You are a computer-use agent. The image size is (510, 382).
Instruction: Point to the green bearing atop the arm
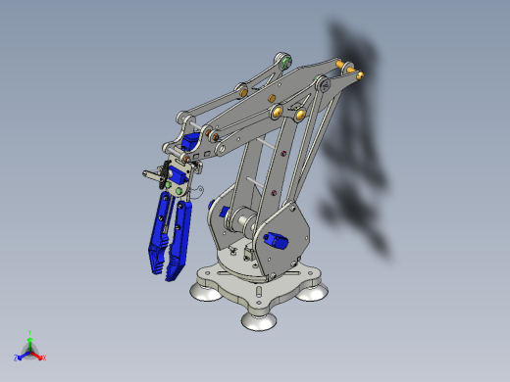(286, 62)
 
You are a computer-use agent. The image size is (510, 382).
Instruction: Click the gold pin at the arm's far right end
(351, 71)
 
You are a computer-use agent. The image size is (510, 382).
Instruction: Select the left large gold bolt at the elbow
(278, 111)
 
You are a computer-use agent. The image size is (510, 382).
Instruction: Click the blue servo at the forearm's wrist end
(209, 135)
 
